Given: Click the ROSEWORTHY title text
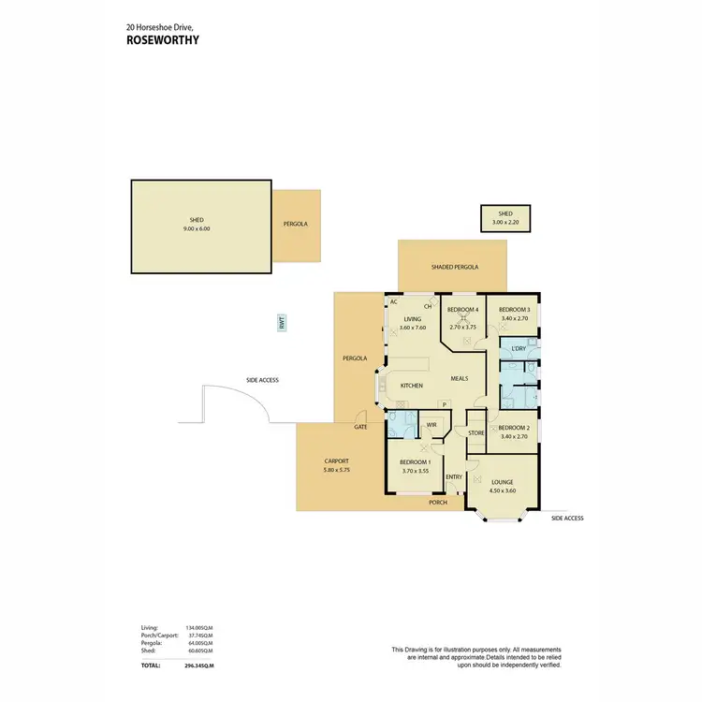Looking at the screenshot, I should click(163, 40).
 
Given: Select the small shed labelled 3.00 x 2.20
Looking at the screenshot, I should click(505, 218).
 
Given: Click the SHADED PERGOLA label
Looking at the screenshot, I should click(455, 267).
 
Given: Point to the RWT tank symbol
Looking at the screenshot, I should click(281, 323).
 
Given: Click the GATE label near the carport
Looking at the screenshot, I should click(360, 426).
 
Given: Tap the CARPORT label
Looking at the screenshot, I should click(336, 461).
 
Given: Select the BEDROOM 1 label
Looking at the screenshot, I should click(415, 462).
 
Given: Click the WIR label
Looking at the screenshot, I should click(431, 424).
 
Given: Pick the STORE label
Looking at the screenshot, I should click(475, 432).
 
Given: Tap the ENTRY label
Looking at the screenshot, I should click(454, 476).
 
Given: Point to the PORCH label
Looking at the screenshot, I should click(438, 503).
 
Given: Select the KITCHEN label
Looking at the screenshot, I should click(412, 386).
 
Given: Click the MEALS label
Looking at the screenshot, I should click(460, 378).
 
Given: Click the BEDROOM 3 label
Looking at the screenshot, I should click(514, 310).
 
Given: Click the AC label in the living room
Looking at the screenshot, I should click(394, 301).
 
